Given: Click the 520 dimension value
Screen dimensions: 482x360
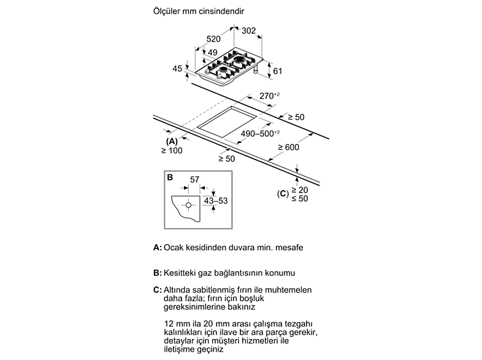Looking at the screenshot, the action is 213,39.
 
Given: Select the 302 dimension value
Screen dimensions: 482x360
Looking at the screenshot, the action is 249,31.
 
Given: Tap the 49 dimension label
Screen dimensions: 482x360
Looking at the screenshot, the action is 212,52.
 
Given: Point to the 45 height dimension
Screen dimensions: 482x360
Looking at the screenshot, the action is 177,68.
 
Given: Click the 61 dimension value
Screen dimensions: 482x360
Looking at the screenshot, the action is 278,71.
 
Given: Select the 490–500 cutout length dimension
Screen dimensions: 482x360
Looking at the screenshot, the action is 260,134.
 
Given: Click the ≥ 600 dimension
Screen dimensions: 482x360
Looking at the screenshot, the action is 288,147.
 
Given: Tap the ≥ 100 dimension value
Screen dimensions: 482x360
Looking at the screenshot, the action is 172,151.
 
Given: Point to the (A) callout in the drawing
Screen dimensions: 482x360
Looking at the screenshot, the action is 172,142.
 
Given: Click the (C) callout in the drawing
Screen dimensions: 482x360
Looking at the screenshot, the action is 283,194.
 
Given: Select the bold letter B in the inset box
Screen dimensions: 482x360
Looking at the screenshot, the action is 170,177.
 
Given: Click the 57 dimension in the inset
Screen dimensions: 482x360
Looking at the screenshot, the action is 194,179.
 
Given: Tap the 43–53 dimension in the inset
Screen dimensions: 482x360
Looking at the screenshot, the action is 216,201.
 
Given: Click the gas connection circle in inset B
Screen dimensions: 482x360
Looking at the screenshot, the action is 188,205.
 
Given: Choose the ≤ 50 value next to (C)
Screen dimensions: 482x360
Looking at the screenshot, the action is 299,199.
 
